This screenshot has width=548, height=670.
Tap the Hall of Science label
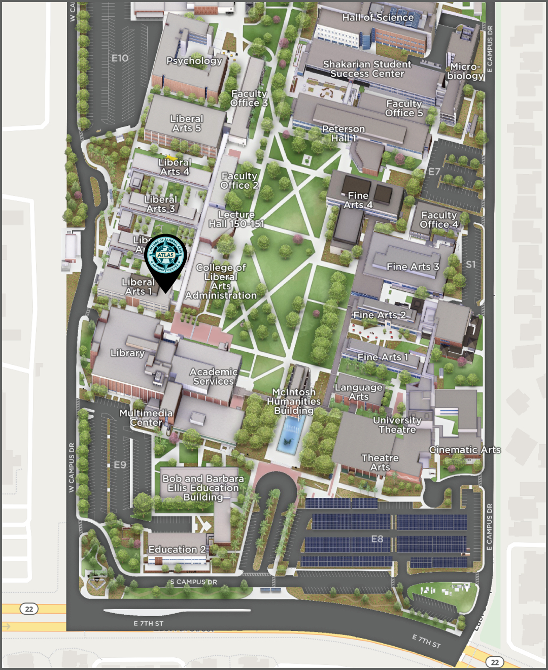click(378, 18)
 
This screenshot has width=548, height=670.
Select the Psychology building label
click(194, 61)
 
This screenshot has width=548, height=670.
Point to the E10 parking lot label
click(120, 58)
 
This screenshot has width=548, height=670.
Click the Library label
click(128, 353)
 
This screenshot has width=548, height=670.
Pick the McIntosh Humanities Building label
click(294, 401)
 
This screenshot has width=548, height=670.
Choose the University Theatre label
click(397, 425)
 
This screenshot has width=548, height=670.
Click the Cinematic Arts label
click(465, 450)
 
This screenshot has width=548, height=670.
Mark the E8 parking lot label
click(377, 539)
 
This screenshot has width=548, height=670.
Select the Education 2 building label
click(177, 550)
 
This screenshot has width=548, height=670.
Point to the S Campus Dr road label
click(193, 582)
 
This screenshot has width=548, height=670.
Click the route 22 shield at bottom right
click(495, 662)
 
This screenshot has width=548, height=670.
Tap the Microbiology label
click(465, 72)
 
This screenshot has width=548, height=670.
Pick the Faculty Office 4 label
click(439, 220)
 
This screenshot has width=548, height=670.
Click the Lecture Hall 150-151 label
click(236, 219)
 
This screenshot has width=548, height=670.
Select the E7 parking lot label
click(434, 172)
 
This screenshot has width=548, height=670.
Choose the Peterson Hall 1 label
click(344, 133)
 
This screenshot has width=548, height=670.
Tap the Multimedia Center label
click(146, 418)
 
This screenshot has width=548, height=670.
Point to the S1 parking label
click(471, 264)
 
